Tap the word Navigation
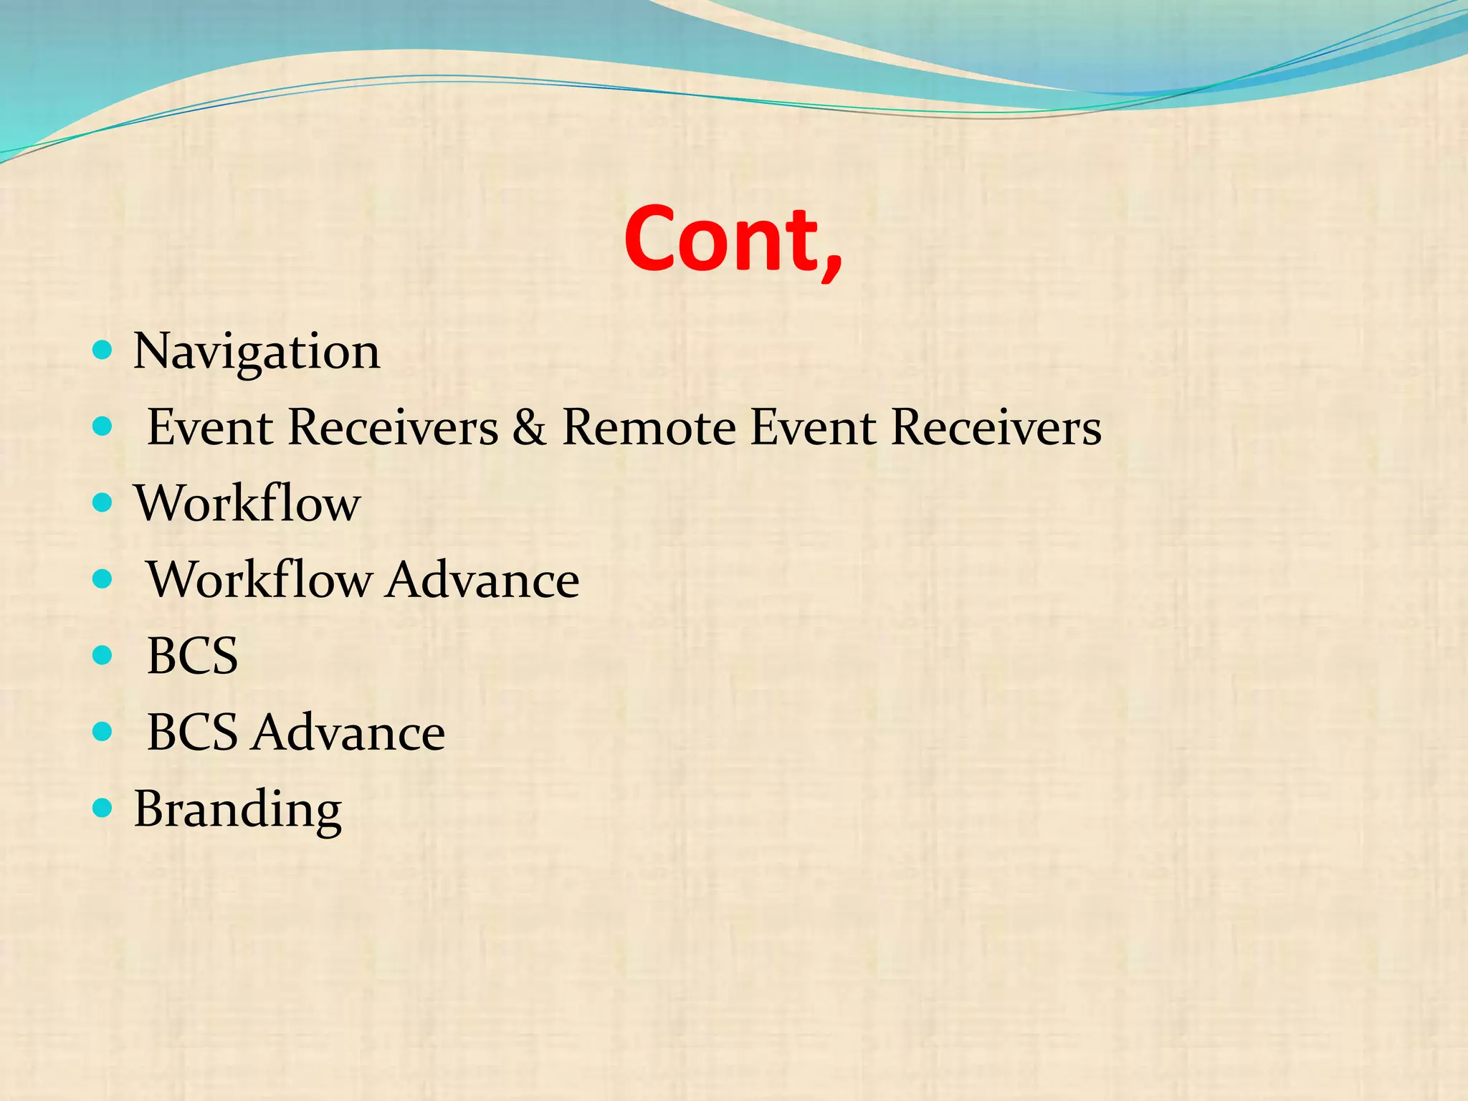[257, 352]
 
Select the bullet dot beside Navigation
[103, 350]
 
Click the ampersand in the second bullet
[529, 427]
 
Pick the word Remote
[648, 427]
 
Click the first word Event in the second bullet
[209, 427]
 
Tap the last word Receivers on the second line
[996, 427]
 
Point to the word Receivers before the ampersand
[393, 427]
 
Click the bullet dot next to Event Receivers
[103, 426]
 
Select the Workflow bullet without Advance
[247, 503]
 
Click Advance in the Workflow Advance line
[482, 580]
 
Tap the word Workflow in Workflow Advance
[259, 580]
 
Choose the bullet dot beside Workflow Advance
[103, 579]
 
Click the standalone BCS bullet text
[192, 656]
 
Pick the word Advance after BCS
[348, 733]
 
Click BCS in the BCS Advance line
[192, 733]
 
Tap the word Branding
[237, 809]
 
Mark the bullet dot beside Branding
[103, 808]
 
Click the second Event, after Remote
[813, 427]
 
